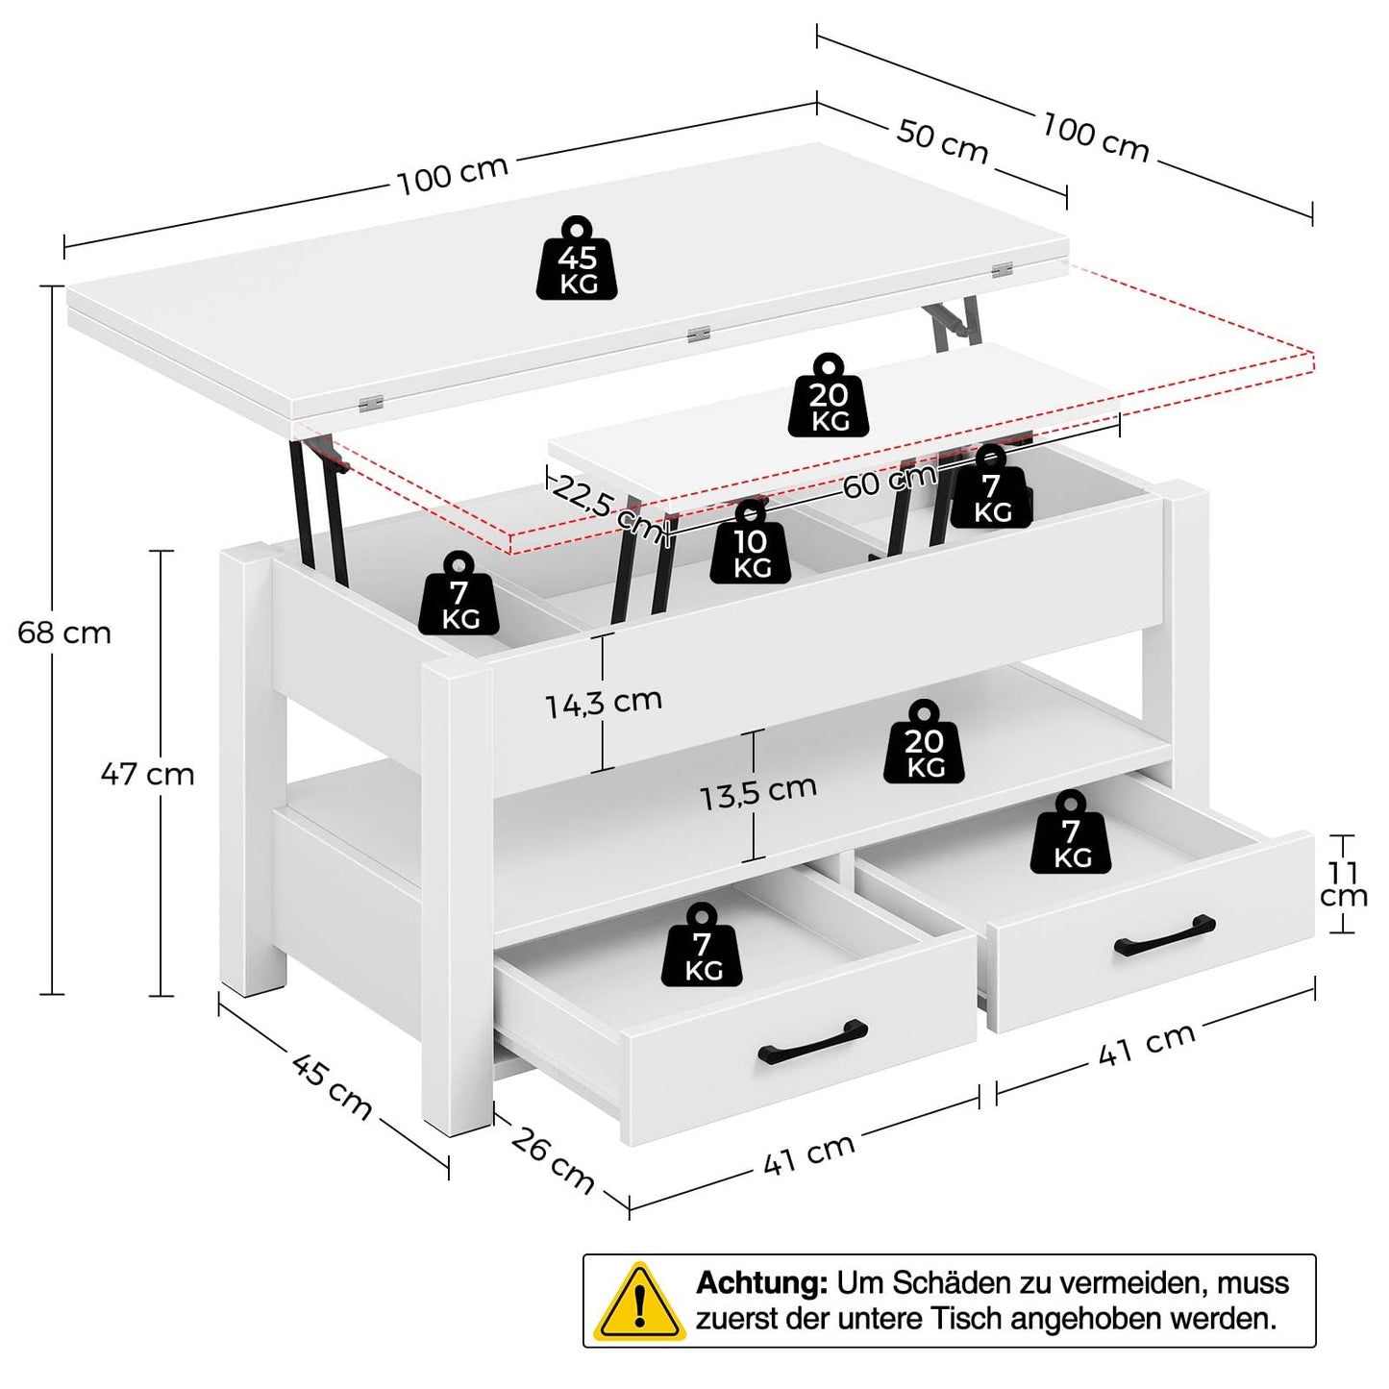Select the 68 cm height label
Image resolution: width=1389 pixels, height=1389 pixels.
[x=64, y=632]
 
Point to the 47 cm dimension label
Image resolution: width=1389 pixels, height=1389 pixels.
[x=148, y=774]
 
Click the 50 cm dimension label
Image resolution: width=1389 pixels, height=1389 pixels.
[x=942, y=141]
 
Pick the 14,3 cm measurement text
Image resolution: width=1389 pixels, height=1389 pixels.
[x=604, y=703]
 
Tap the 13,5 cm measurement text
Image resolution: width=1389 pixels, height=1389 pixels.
[x=757, y=793]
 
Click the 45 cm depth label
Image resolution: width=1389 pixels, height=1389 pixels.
[x=332, y=1086]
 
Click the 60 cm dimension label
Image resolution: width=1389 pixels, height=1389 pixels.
[x=889, y=480]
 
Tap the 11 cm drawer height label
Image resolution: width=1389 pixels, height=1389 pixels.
[x=1343, y=884]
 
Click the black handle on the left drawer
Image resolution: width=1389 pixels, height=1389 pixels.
[x=812, y=1042]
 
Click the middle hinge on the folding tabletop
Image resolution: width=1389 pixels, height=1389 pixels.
[x=699, y=334]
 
